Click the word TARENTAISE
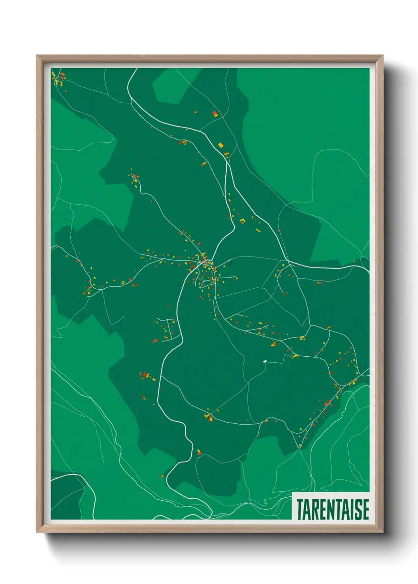(x=333, y=509)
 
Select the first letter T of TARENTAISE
(x=299, y=509)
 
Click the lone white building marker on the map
(x=265, y=361)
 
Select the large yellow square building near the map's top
(x=221, y=145)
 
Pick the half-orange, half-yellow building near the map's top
(x=215, y=114)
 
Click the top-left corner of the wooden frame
(x=37, y=56)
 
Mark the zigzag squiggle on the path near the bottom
(x=265, y=503)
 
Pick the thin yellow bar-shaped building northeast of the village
(x=258, y=230)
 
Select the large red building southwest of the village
(x=155, y=340)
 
